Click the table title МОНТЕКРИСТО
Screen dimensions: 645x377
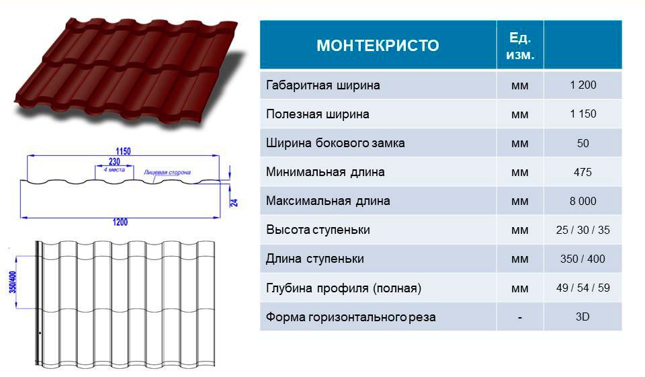tap(378, 45)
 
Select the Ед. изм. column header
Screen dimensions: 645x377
tap(520, 46)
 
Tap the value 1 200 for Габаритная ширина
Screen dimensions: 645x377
tap(583, 85)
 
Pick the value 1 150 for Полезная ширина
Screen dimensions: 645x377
tap(583, 114)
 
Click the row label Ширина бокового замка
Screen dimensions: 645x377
tap(335, 143)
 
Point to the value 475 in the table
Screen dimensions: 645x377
tap(583, 172)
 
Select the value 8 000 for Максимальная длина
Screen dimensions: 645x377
tap(583, 201)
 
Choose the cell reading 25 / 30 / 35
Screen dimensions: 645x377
tap(583, 230)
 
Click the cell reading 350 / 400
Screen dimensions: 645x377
tap(583, 259)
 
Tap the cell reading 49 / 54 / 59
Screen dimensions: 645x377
tap(583, 288)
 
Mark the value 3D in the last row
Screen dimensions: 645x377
tap(583, 317)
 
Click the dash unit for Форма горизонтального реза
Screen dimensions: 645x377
tap(520, 318)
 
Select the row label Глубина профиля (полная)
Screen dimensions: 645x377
tap(343, 288)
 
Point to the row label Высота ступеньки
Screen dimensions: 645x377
tap(318, 230)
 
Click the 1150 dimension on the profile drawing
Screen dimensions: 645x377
tap(123, 151)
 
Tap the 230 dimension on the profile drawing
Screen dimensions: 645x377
tap(114, 161)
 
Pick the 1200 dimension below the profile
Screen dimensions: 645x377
tap(120, 222)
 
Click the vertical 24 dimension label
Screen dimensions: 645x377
tap(234, 202)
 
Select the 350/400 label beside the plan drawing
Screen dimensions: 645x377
tap(13, 282)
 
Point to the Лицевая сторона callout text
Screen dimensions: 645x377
tap(167, 173)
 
